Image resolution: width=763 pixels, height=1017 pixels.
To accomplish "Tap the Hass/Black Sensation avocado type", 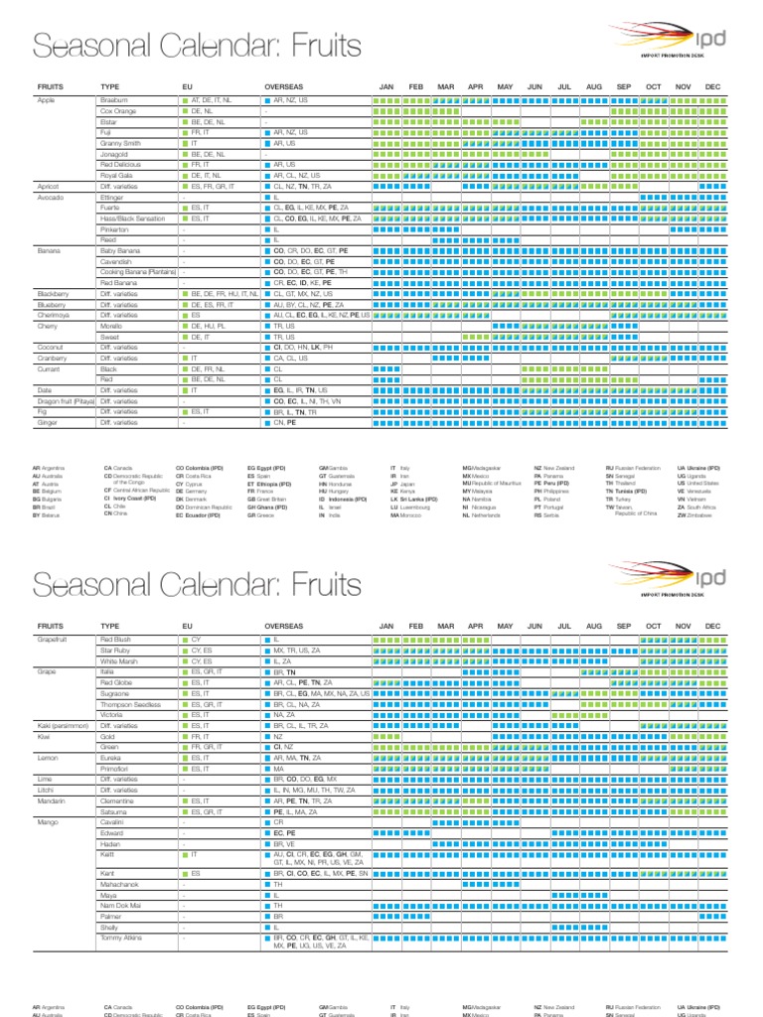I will [x=133, y=218].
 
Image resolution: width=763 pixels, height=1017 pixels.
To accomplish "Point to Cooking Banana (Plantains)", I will [x=138, y=272].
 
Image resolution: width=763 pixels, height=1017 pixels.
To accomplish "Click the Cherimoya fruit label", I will [x=54, y=315].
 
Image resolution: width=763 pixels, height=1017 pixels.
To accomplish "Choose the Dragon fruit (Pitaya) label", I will [x=64, y=400].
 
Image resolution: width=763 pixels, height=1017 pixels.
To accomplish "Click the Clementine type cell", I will [x=119, y=800].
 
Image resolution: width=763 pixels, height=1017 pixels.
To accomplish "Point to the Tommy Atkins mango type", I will [x=122, y=937].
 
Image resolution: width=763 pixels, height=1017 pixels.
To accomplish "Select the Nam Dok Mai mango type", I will [x=120, y=907].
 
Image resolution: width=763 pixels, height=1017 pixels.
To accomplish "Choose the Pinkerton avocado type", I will [x=116, y=229].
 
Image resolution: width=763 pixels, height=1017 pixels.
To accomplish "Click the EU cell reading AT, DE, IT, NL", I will [x=211, y=101].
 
